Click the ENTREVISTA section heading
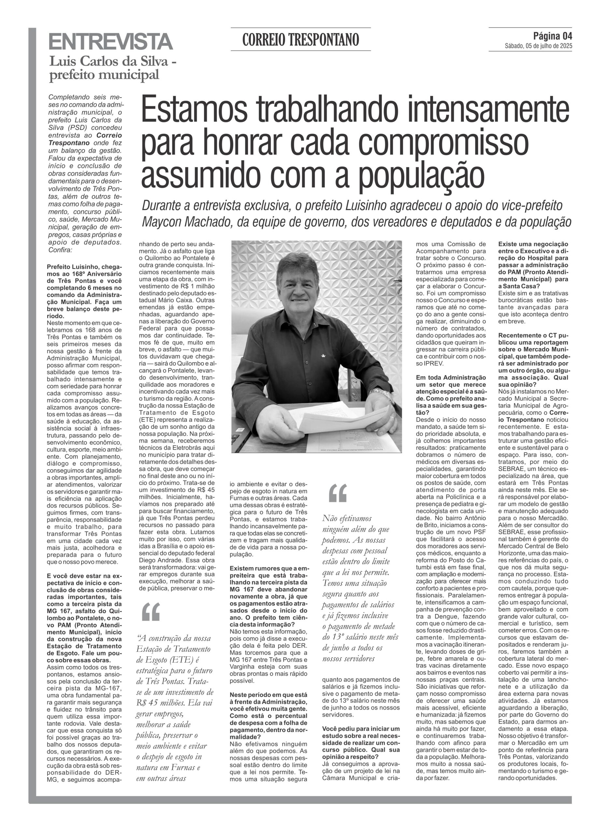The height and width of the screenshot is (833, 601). pyautogui.click(x=110, y=42)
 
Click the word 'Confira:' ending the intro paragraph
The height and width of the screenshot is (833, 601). pyautogui.click(x=61, y=250)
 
